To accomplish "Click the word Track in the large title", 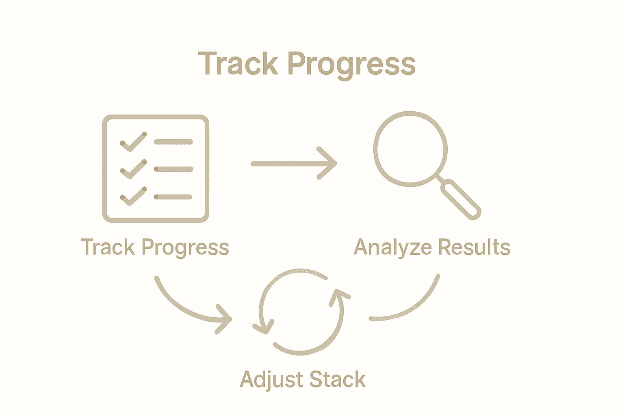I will click(x=238, y=64).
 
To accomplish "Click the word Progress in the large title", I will click(x=352, y=65).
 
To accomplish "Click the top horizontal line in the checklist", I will click(x=173, y=142).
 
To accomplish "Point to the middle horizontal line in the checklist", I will click(x=173, y=169).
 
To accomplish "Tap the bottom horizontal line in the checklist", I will click(x=173, y=197).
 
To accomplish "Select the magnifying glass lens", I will click(x=410, y=149).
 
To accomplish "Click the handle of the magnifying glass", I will click(x=461, y=200).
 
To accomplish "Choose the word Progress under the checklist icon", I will click(x=185, y=248).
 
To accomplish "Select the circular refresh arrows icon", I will click(x=301, y=312).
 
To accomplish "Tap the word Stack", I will click(x=337, y=379).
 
